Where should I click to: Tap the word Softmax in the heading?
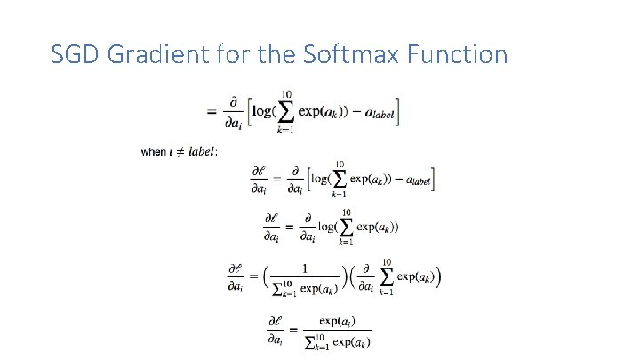339,55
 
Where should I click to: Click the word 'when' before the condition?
153,152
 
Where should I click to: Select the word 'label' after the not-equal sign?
204,152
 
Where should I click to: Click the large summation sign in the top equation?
286,112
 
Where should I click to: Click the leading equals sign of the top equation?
212,112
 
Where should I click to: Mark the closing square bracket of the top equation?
399,112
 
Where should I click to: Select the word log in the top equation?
263,112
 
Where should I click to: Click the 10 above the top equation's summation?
286,94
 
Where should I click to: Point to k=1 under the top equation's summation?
286,131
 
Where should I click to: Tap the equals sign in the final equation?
292,329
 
